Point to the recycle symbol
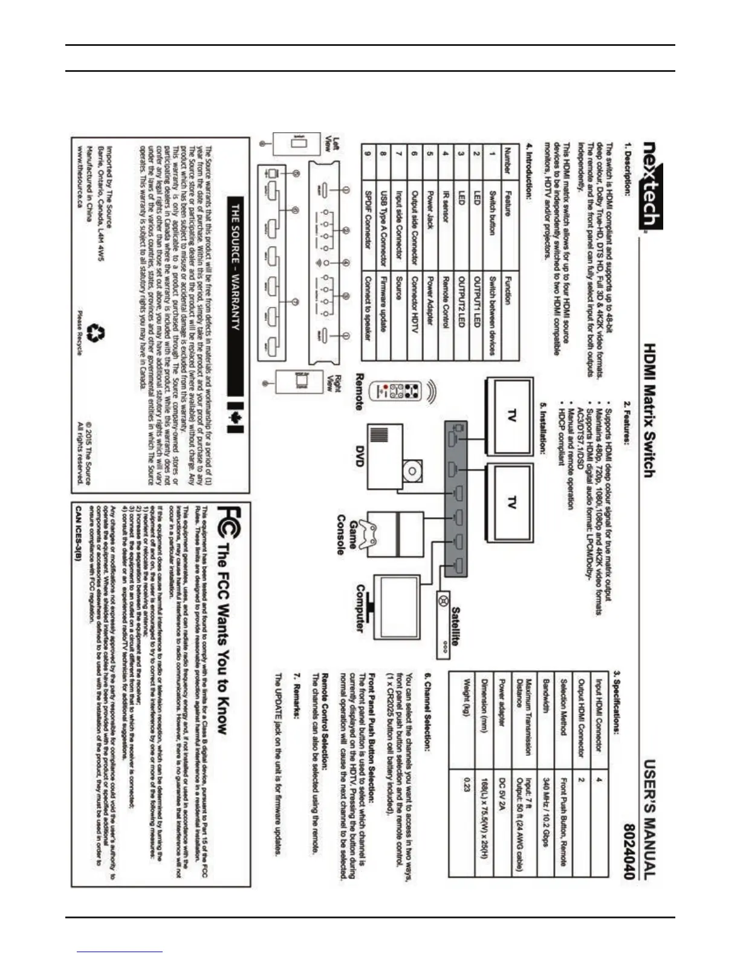[x=96, y=333]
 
